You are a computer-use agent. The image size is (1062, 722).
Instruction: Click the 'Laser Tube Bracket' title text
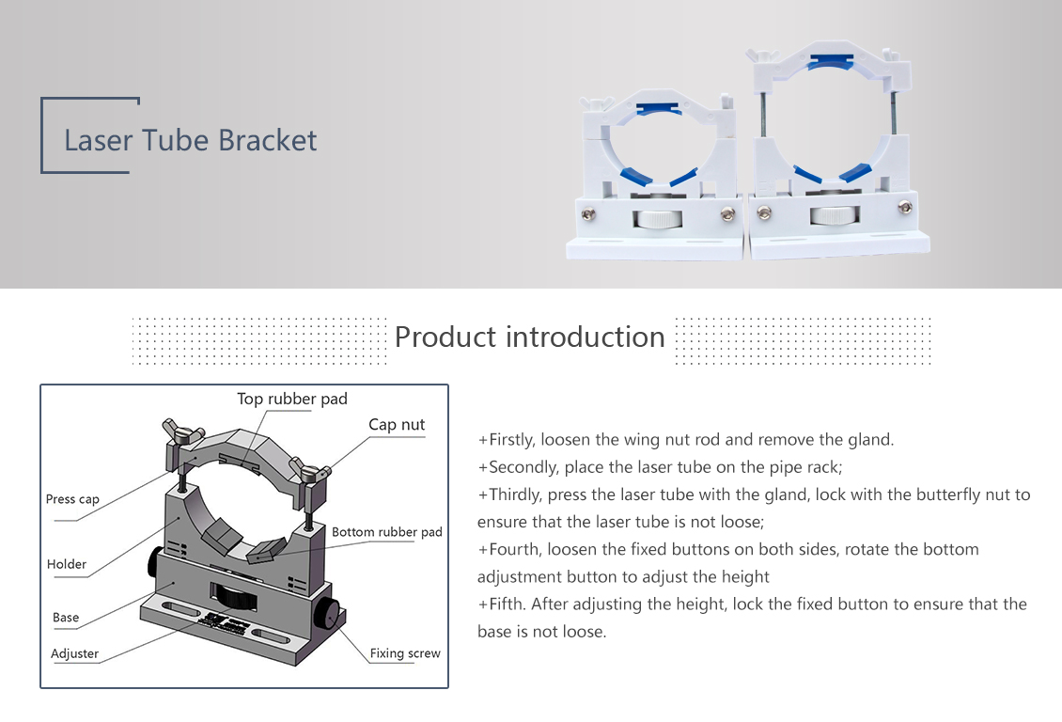191,140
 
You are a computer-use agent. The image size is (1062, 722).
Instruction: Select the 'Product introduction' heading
530,337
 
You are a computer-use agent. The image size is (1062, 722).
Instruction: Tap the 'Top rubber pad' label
292,399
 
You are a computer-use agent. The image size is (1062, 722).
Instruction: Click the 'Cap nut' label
397,425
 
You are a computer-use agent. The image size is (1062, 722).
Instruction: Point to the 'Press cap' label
72,499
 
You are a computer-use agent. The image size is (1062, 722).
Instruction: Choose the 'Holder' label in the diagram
67,563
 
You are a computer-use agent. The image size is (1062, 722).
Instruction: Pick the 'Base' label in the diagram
66,617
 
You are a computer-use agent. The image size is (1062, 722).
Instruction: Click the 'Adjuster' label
74,653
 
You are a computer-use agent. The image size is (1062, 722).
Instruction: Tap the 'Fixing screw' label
405,653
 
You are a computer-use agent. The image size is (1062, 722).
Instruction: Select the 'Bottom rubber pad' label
386,532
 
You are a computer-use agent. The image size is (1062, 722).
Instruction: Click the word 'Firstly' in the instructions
511,440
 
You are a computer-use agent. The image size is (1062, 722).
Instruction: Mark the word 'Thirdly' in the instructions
515,494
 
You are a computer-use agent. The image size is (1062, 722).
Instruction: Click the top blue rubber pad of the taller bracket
833,61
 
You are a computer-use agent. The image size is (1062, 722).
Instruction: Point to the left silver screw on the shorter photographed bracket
588,214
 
